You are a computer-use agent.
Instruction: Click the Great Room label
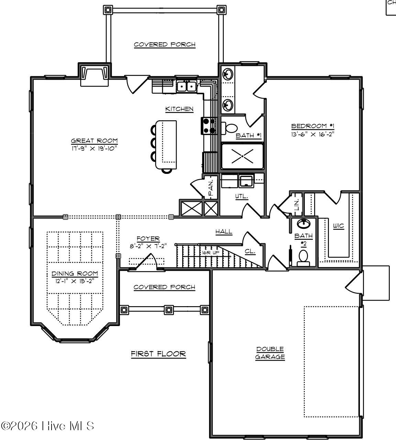tap(94, 141)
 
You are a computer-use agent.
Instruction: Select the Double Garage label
tap(270, 353)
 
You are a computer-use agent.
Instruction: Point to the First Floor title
tap(158, 354)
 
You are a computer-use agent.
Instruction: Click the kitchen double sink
tap(187, 86)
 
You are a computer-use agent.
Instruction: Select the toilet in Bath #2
tap(303, 257)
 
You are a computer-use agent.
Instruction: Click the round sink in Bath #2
tap(304, 224)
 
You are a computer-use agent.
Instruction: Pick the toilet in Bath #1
tap(231, 128)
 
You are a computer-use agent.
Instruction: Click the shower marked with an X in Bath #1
tap(242, 156)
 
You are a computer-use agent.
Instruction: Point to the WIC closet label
tap(338, 226)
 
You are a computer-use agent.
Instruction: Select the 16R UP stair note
tap(210, 253)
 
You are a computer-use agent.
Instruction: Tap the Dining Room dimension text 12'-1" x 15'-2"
tap(75, 280)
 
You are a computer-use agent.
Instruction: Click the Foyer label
tap(148, 238)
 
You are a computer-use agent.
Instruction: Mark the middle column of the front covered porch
tap(168, 310)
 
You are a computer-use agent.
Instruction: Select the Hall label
tap(224, 232)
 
